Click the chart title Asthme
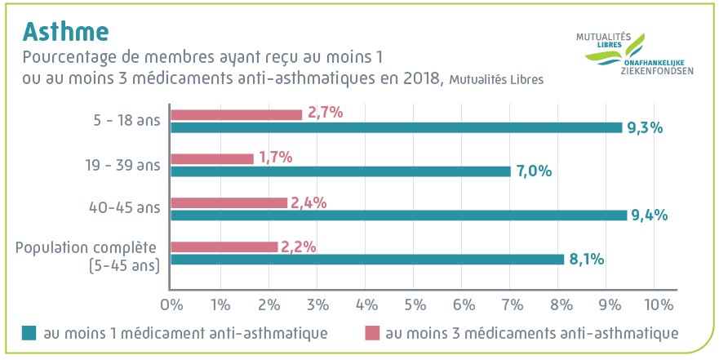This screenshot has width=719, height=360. [65, 31]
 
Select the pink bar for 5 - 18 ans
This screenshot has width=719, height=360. [236, 115]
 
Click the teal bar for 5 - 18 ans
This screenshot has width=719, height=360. [396, 127]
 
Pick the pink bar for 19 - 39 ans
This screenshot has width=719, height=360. [212, 158]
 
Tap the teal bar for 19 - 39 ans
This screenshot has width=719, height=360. [340, 171]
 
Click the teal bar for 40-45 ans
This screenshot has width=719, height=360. [398, 216]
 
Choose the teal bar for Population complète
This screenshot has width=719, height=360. [367, 260]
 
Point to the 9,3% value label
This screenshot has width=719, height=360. [644, 127]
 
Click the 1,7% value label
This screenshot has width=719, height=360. [275, 158]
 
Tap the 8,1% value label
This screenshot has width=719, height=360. [586, 260]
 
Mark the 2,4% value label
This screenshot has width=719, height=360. [308, 202]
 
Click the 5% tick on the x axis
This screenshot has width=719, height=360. [415, 305]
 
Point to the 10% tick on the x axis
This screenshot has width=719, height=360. [658, 305]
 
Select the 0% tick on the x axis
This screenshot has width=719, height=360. [171, 305]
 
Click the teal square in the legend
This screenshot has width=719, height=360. [29, 333]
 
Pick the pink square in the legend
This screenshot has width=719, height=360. [371, 333]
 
